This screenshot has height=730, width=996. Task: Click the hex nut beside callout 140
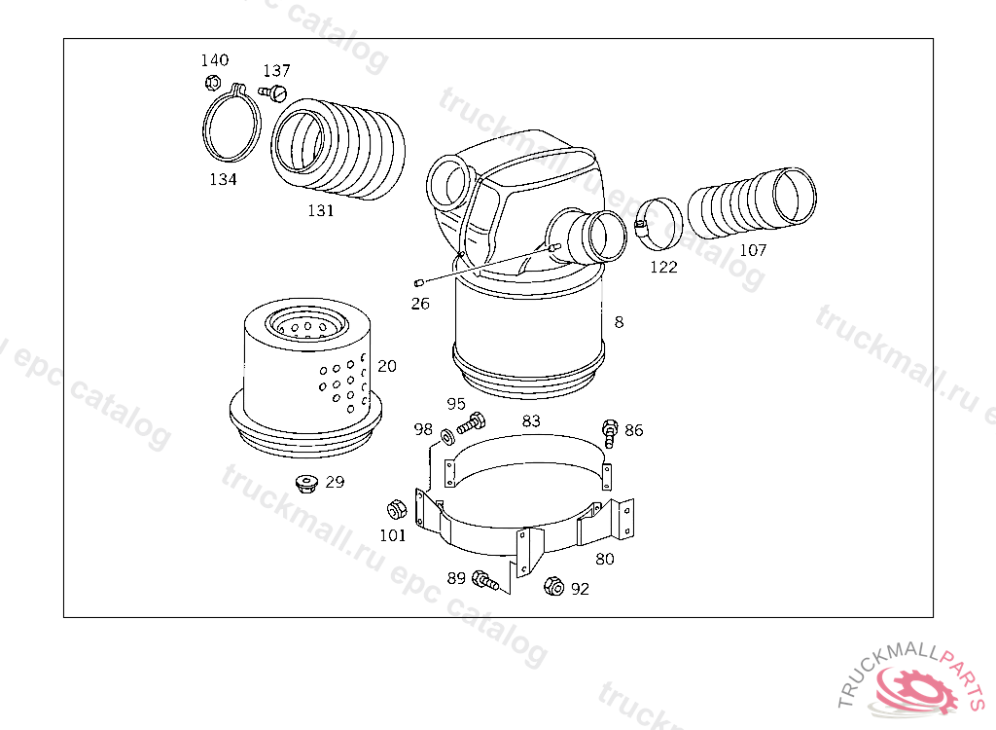coord(213,83)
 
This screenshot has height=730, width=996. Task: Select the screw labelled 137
coord(273,92)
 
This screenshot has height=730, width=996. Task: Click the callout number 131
coord(321,210)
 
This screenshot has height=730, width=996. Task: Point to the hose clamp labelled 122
coord(658,224)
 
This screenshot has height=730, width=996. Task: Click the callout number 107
coord(754,250)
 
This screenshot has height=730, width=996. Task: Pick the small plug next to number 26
coord(419,282)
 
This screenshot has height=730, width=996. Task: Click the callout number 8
coord(619,322)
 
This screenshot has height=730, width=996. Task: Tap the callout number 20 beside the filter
coord(387,366)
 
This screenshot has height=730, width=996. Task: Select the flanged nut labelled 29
coord(307,484)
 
